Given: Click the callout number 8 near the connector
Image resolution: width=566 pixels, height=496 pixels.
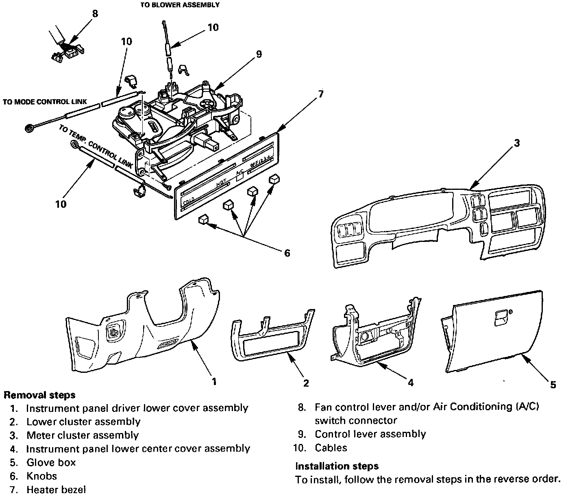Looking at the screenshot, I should click(95, 13).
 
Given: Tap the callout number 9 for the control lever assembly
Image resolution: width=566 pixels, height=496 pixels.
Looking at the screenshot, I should click(259, 54).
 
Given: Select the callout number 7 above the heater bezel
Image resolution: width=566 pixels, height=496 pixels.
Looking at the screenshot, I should click(320, 94).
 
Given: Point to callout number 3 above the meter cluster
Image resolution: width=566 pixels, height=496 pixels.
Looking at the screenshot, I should click(516, 143).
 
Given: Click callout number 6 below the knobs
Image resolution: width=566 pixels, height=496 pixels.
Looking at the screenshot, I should click(287, 253).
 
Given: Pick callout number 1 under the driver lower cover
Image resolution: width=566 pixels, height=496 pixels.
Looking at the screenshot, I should click(214, 381).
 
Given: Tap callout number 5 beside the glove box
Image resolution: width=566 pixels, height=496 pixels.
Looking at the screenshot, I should click(553, 385).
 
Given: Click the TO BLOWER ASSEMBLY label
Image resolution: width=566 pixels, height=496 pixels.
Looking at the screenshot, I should click(180, 5).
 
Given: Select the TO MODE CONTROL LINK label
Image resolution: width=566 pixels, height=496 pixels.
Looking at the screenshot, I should click(45, 102).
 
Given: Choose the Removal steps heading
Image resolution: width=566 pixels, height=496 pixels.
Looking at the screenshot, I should click(39, 395).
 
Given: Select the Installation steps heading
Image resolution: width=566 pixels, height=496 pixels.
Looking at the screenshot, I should click(337, 466).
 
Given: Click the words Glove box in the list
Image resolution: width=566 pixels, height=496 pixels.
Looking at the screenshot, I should click(51, 462).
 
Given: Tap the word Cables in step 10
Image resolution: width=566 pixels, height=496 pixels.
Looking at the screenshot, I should click(331, 448).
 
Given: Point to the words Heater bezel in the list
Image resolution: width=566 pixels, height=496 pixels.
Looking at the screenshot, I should click(57, 490).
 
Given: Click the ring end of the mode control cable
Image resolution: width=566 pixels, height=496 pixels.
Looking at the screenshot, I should click(29, 129).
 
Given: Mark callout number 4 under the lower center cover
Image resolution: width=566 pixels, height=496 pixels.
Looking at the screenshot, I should click(411, 383).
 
